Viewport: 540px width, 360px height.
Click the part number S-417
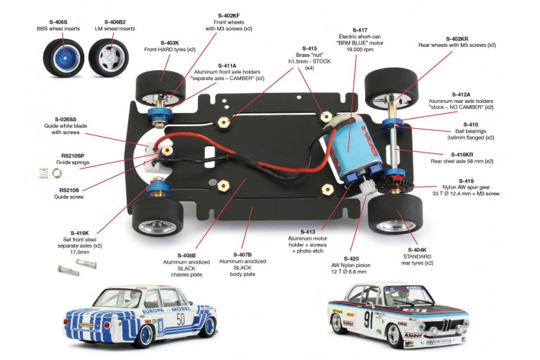(359, 30)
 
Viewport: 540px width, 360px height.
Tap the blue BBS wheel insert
(64, 56)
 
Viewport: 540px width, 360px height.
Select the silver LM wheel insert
(109, 57)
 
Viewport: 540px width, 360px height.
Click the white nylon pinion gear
(366, 188)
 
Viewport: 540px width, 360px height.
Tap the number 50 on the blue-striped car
(181, 320)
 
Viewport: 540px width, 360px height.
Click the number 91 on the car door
(369, 320)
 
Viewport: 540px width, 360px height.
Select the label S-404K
(417, 250)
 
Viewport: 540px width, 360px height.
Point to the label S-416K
(79, 233)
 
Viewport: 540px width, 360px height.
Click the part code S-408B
(186, 256)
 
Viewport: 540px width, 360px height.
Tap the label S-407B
(243, 255)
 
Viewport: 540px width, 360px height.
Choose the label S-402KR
(457, 39)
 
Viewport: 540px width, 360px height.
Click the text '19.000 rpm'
(359, 49)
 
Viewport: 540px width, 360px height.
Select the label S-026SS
(66, 120)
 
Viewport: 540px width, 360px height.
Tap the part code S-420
(351, 258)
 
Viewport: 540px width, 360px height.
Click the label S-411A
(228, 66)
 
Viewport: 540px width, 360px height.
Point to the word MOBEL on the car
(181, 310)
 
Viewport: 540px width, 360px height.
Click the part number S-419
(466, 181)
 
